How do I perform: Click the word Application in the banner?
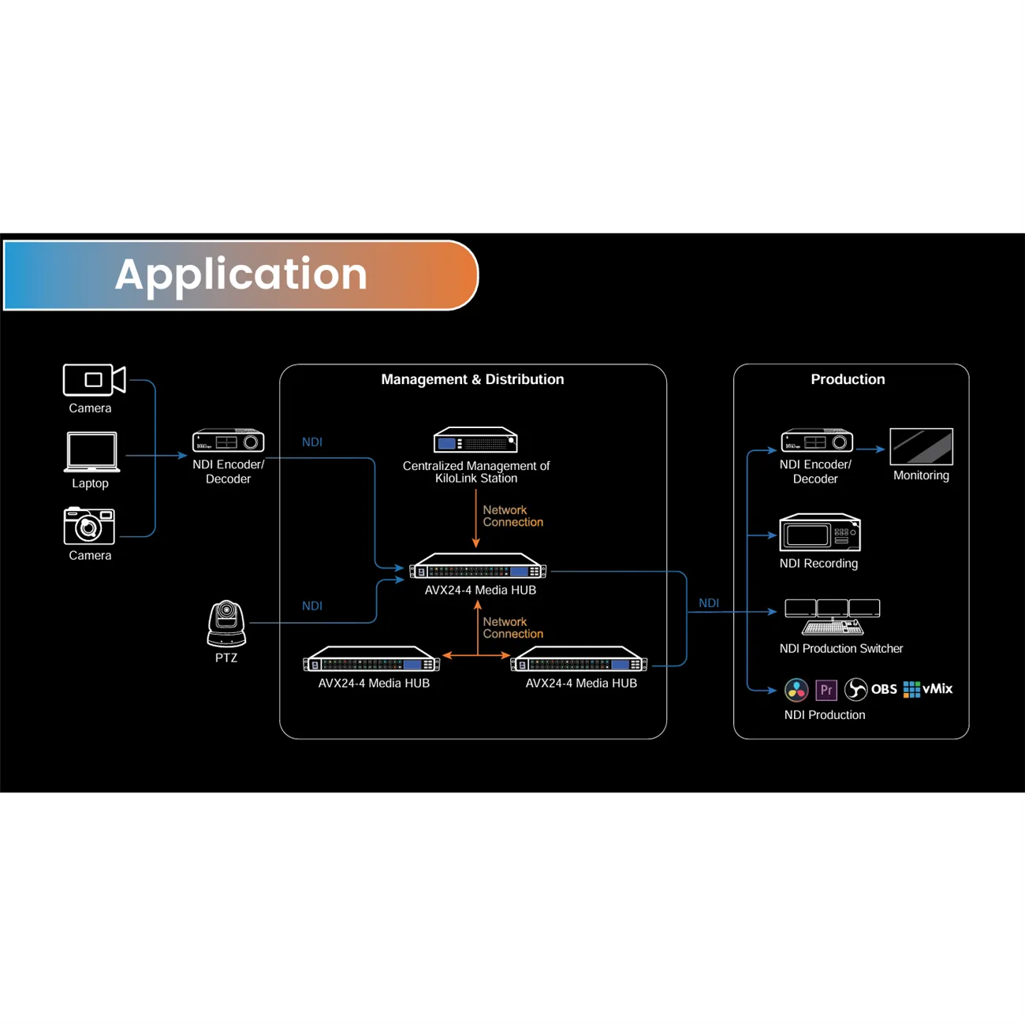(241, 274)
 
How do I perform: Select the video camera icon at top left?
(94, 380)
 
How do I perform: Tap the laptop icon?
(92, 452)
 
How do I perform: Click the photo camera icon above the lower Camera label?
(89, 526)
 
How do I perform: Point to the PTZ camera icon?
(226, 624)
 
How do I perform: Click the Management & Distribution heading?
(472, 379)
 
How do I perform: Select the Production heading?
(848, 379)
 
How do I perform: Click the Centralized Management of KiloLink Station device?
(475, 440)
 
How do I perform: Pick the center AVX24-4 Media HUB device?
(478, 568)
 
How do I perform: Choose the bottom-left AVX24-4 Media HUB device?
(371, 661)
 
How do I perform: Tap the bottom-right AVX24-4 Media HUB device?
(579, 661)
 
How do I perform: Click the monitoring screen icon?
(921, 447)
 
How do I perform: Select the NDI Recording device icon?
(819, 534)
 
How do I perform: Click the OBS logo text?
(884, 689)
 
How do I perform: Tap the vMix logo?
(928, 689)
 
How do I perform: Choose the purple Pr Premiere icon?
(826, 690)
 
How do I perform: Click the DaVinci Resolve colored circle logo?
(796, 690)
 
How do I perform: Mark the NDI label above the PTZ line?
(312, 606)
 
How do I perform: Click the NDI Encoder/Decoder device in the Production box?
(817, 442)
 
